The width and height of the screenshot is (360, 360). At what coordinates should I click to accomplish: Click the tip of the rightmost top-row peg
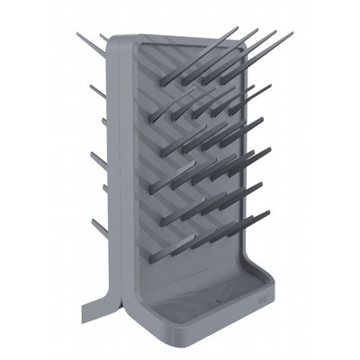coord(291,35)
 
